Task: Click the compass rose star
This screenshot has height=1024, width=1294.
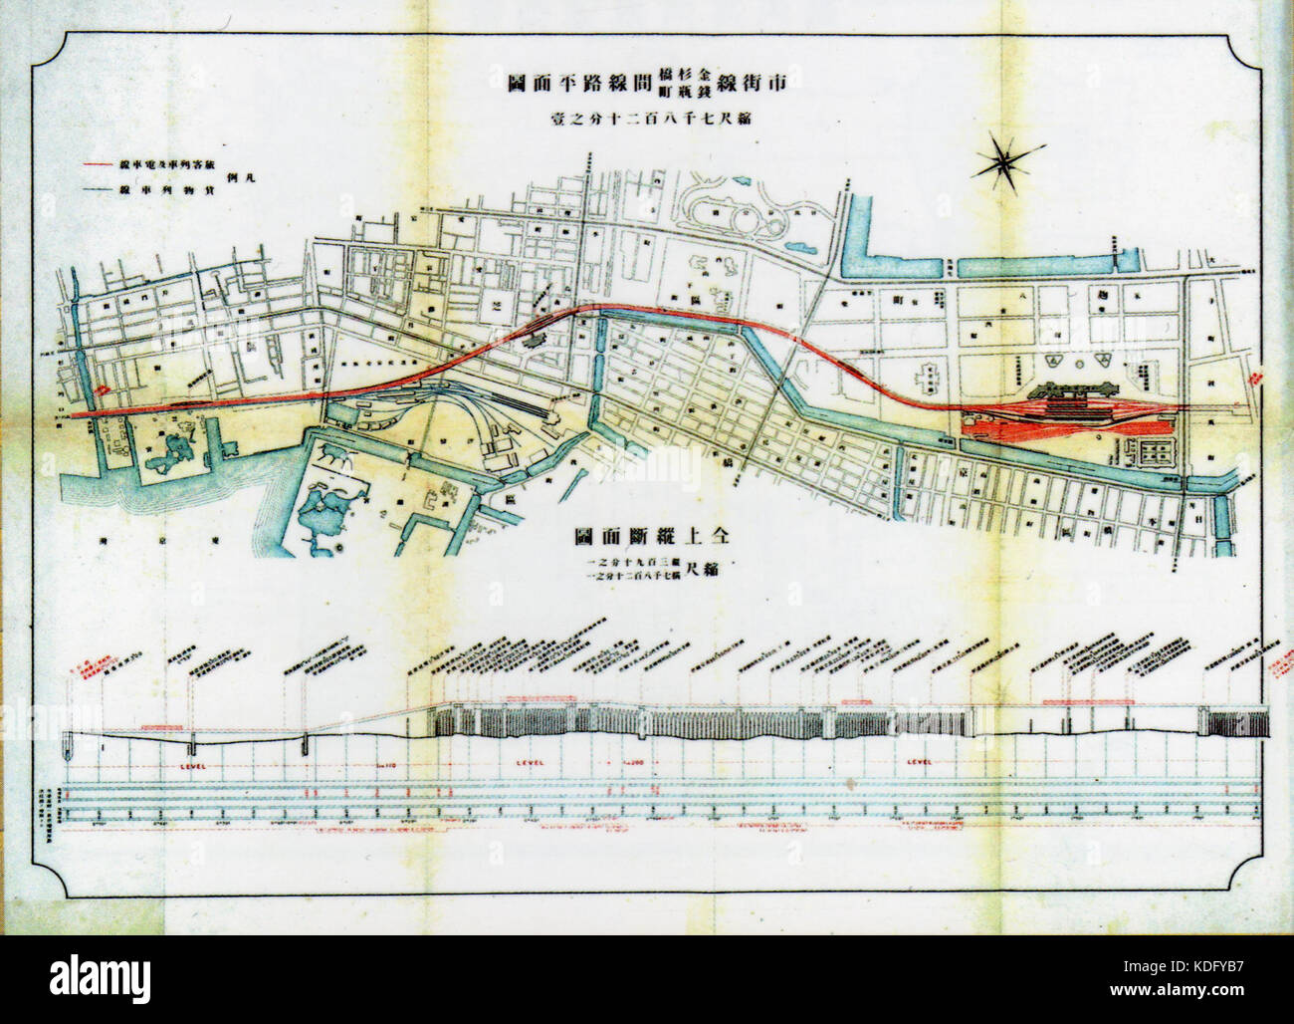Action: click(x=1006, y=160)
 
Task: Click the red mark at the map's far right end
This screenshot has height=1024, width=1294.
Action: click(x=1256, y=380)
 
